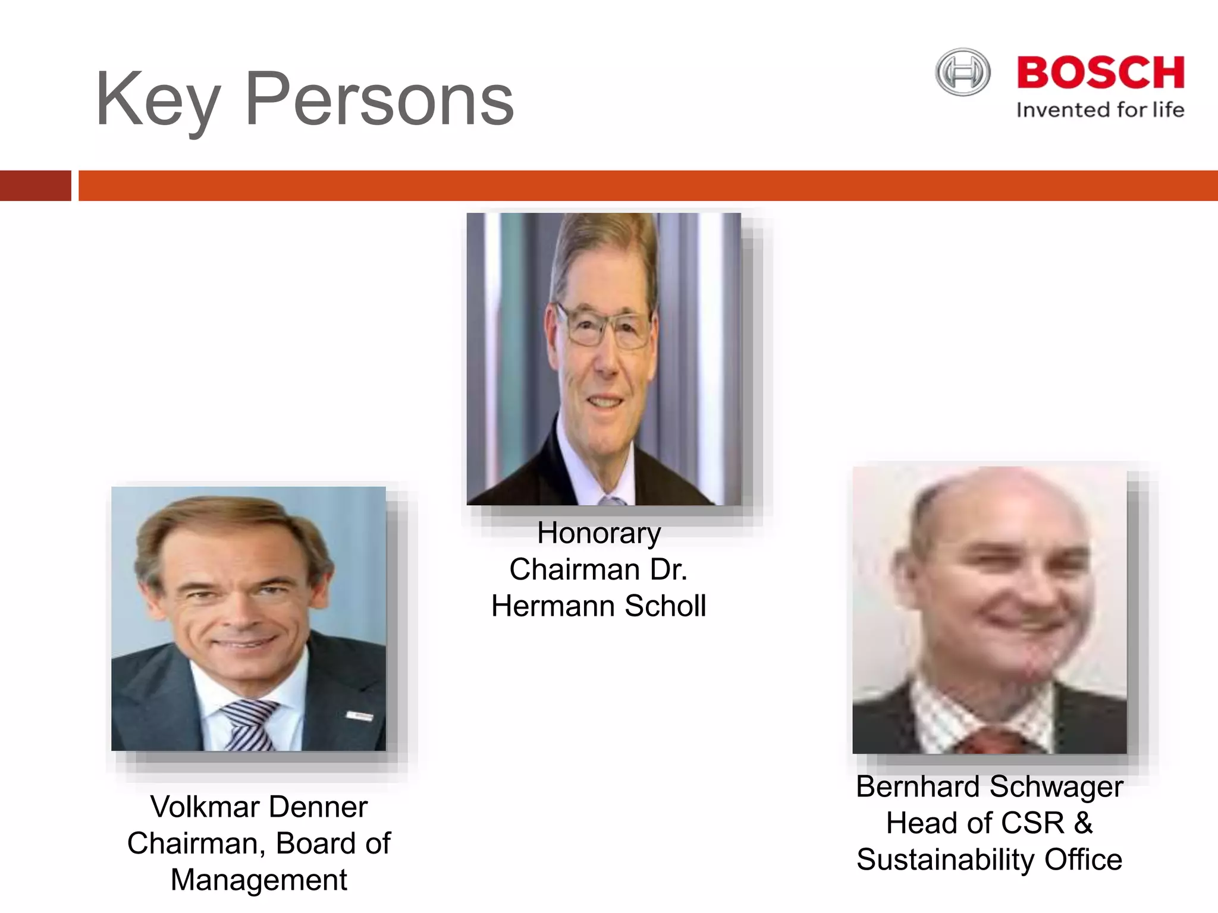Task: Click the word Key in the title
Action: coord(157,100)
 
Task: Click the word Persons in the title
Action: coord(379,99)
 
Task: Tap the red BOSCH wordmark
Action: coord(1100,74)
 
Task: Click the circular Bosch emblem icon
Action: coord(963,73)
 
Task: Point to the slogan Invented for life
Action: coord(1100,110)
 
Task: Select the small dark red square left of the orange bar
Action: coord(35,185)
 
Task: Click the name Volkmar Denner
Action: coord(259,807)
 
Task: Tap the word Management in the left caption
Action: coord(259,880)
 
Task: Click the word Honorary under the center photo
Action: coord(599,533)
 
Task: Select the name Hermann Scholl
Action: coord(599,606)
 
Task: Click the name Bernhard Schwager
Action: coord(989,786)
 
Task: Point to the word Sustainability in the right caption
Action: coord(945,860)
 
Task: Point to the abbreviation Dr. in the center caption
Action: coord(668,569)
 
